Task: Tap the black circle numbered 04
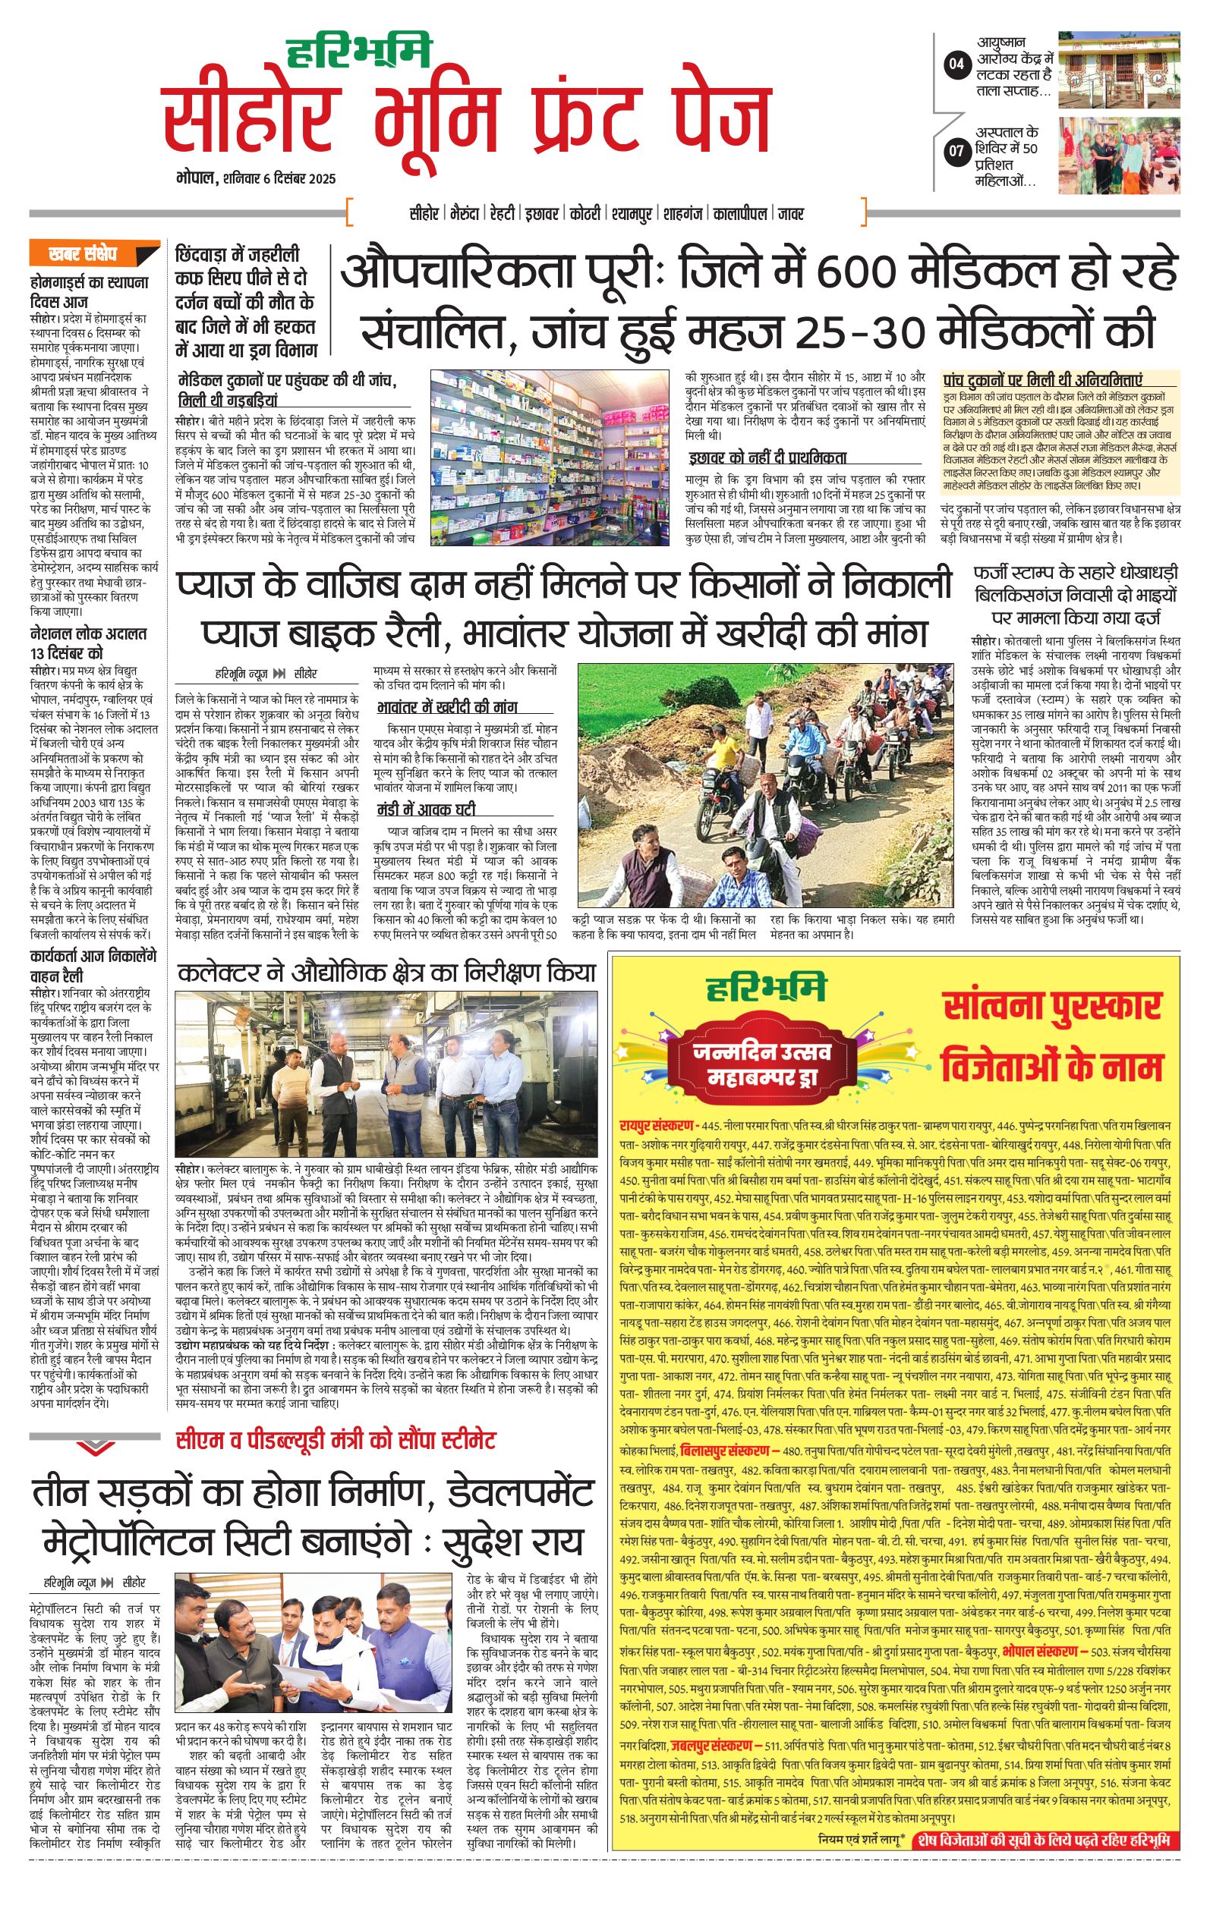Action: (956, 64)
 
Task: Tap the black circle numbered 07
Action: (956, 150)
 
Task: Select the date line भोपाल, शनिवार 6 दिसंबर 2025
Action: (256, 178)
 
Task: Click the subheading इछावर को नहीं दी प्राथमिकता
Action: (767, 457)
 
